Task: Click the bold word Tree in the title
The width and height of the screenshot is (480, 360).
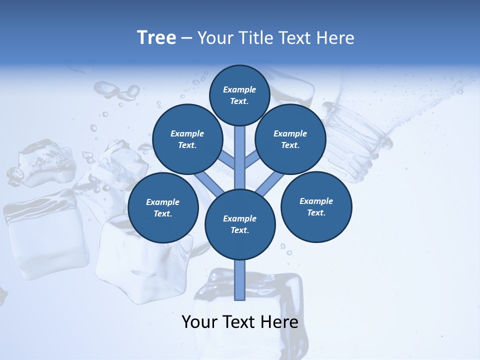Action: point(156,38)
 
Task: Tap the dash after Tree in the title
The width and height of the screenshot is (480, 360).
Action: point(186,38)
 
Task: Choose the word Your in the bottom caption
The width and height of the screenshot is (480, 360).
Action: point(199,322)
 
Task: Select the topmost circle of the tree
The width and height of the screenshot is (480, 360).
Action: point(239,95)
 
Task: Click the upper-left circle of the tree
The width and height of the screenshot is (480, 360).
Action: point(187,139)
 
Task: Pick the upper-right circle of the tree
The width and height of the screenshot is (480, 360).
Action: point(290,139)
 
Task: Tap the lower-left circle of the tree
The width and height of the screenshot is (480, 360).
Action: point(163,207)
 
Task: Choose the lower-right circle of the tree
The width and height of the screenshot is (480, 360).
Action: point(316,206)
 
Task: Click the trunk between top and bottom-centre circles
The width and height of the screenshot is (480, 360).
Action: point(240,155)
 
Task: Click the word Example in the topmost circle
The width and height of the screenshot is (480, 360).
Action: point(239,89)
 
